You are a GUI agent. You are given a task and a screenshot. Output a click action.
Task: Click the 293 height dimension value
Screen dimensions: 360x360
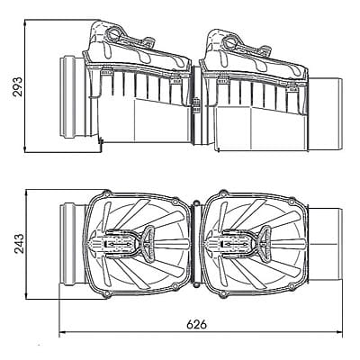coord(18,86)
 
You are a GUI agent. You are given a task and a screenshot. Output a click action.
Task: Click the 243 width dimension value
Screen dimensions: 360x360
coord(19,244)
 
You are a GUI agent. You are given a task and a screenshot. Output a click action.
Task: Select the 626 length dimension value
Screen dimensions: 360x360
coord(197,324)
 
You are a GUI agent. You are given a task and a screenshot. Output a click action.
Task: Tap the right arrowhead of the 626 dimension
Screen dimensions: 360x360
coord(339,332)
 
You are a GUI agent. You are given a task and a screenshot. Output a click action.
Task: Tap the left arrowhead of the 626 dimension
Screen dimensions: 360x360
coord(62,332)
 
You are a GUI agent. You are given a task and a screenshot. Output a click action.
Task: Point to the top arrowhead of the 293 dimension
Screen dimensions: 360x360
coord(25,22)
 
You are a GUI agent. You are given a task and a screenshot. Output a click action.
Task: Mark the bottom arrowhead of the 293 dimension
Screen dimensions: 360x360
coord(25,149)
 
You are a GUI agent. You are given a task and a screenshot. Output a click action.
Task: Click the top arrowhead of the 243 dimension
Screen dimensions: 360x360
coord(27,193)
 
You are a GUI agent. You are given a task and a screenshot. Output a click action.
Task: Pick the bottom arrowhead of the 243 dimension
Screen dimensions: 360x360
coord(27,295)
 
